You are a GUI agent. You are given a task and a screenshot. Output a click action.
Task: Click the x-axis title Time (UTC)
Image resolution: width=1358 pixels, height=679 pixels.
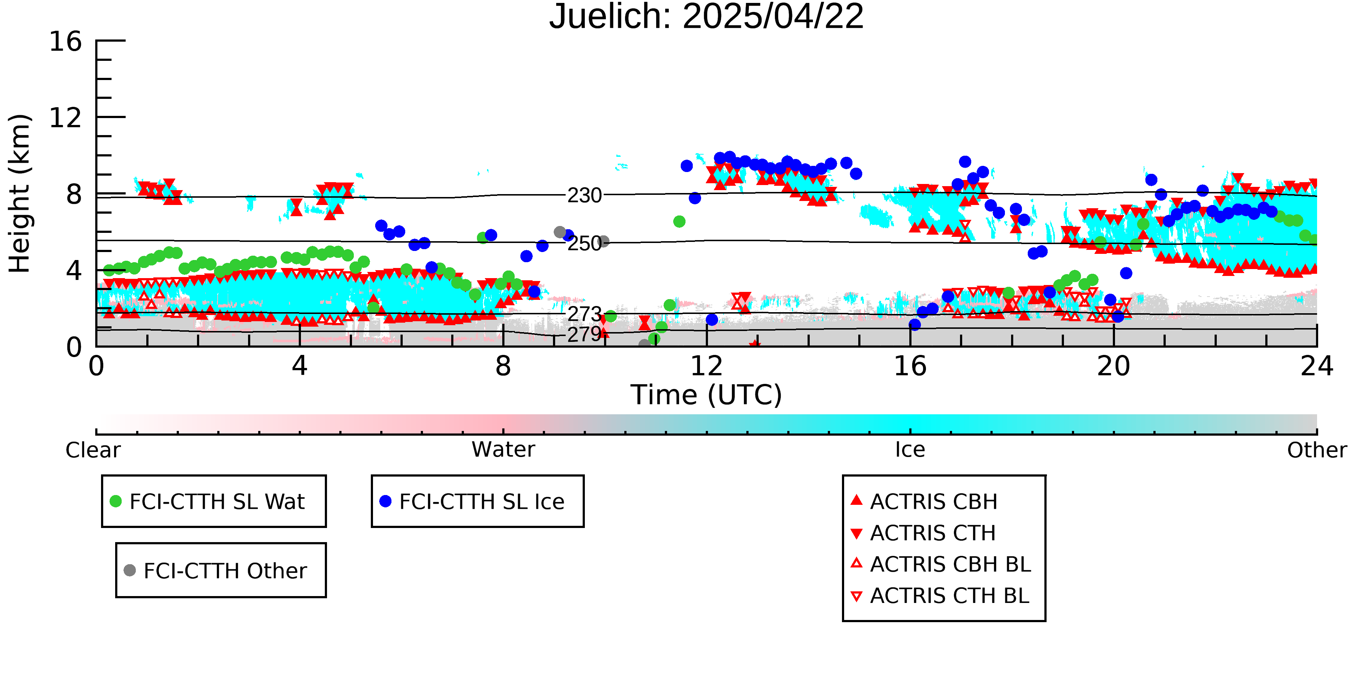click(x=707, y=395)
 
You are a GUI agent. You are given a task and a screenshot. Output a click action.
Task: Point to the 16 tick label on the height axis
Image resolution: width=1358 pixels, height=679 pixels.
click(x=66, y=41)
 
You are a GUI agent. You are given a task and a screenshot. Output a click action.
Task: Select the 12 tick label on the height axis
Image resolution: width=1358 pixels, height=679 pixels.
click(x=66, y=118)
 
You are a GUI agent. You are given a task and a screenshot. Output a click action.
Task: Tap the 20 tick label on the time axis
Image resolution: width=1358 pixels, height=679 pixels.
click(x=1114, y=366)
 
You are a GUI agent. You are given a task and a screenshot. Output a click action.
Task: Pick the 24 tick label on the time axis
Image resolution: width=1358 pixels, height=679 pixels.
click(x=1317, y=366)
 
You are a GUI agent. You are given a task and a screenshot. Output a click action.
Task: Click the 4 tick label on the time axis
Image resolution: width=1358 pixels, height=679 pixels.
click(x=299, y=366)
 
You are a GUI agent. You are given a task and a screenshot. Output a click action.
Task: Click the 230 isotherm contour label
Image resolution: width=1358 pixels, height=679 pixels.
click(x=584, y=196)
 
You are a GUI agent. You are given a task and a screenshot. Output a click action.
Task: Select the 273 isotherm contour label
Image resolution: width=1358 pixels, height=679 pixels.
click(x=584, y=314)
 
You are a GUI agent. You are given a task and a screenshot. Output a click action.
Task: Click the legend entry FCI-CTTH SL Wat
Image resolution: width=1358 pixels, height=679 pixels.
click(x=207, y=501)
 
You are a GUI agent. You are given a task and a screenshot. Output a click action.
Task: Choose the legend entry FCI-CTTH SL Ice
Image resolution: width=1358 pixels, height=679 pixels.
click(x=472, y=501)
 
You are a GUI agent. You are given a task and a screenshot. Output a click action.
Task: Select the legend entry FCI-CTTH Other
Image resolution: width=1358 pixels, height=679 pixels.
click(x=215, y=570)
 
